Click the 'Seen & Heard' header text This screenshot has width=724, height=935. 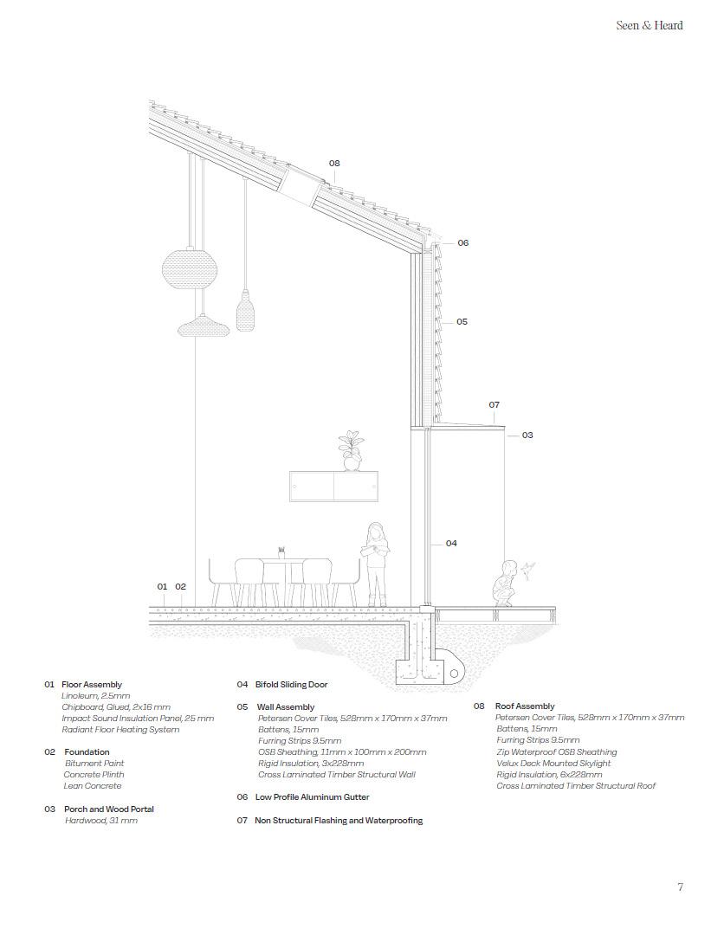[649, 25]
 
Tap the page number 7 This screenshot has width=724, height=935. [680, 887]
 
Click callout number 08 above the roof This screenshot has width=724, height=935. [334, 163]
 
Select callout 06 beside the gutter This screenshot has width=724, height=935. [462, 243]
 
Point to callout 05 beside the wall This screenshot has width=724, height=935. [462, 321]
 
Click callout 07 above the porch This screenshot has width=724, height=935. [494, 404]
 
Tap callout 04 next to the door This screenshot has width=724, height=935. [451, 544]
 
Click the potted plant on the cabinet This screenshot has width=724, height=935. [352, 451]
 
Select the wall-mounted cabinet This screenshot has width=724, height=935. [333, 486]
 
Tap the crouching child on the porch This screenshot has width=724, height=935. [502, 584]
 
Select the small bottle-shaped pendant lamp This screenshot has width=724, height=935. [245, 309]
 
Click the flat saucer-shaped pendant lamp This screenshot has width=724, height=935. [203, 326]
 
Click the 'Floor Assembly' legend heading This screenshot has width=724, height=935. [91, 685]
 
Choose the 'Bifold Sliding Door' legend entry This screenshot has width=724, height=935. [291, 685]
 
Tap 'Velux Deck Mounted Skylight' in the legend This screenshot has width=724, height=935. [553, 764]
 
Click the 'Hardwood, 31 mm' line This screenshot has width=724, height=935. [100, 821]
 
